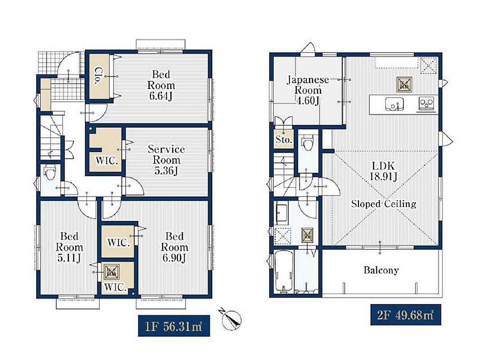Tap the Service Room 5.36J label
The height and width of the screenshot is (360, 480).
coord(166,160)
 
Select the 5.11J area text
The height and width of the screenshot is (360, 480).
coord(69,258)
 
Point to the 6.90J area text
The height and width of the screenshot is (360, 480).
coord(174,258)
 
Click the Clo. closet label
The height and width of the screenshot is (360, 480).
coord(98,76)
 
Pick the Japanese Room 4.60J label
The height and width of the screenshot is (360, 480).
coord(308,90)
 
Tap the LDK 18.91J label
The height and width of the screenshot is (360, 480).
coord(383,171)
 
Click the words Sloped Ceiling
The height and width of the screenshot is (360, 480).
coord(384,204)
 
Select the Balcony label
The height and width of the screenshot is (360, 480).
coord(381,270)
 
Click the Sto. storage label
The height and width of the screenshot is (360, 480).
coord(283,140)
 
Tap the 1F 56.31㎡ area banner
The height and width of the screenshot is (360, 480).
coord(174,326)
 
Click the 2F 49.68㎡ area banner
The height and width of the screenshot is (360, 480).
coord(406,315)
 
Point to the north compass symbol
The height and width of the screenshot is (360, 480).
coord(231,319)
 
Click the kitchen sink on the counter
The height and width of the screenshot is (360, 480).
coord(394,104)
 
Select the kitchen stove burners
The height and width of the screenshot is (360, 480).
coord(426,103)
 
